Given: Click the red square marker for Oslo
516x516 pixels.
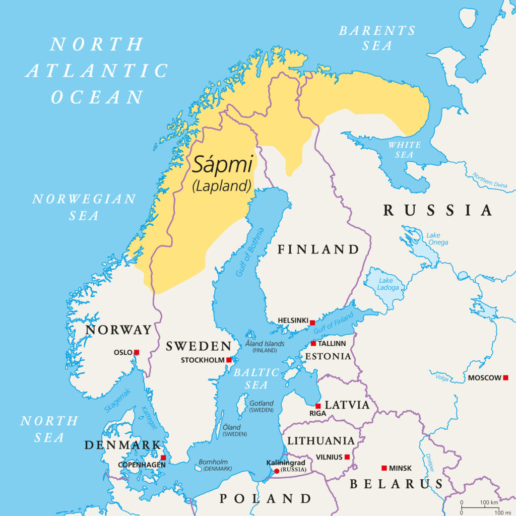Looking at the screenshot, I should pyautogui.click(x=136, y=352).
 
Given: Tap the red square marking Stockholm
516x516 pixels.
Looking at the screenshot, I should pyautogui.click(x=229, y=360).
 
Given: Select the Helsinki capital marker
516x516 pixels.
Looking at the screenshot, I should pyautogui.click(x=312, y=322).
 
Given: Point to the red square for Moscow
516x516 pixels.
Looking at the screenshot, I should pyautogui.click(x=505, y=377).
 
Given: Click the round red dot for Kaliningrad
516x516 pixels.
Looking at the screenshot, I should pyautogui.click(x=277, y=471).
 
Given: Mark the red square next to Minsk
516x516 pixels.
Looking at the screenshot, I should pyautogui.click(x=384, y=468).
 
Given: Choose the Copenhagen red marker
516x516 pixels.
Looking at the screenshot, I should pyautogui.click(x=163, y=458).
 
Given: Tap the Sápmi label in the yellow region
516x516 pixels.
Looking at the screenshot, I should pyautogui.click(x=222, y=165).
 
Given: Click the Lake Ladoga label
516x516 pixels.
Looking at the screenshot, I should pyautogui.click(x=388, y=284).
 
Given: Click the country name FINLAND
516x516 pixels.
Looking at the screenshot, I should pyautogui.click(x=318, y=249).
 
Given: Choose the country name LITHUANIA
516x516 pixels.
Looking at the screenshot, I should pyautogui.click(x=320, y=440).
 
